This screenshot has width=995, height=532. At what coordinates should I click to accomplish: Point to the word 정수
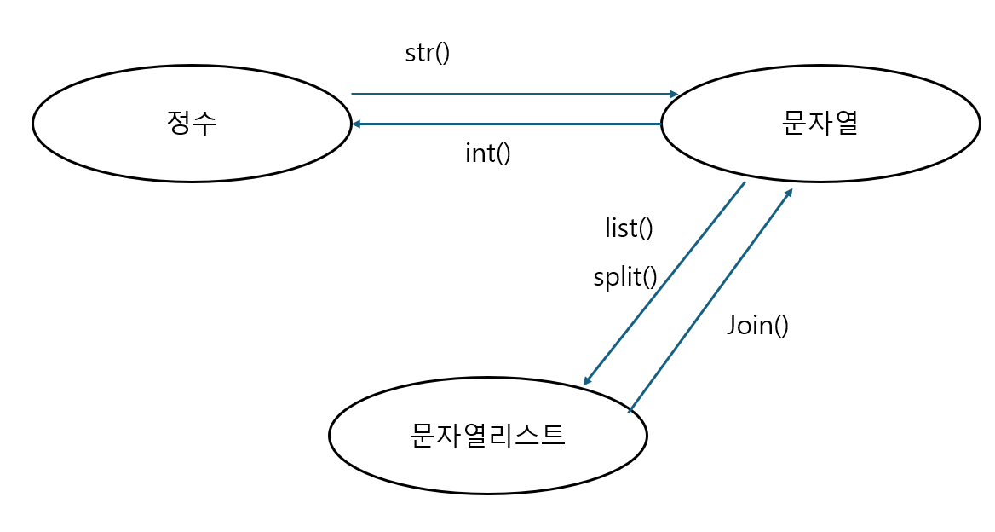[193, 124]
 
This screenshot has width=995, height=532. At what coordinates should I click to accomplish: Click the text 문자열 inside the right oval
[820, 124]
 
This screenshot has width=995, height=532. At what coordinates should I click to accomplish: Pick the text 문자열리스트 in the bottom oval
[487, 435]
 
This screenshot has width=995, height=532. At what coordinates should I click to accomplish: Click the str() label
[427, 53]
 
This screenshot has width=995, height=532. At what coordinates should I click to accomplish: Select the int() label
[488, 153]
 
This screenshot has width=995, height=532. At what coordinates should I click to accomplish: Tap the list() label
[629, 228]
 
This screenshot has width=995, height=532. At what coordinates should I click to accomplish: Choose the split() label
[625, 277]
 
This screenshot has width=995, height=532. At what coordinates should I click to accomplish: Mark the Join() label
[757, 325]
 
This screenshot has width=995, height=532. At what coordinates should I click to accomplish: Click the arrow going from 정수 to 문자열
[511, 94]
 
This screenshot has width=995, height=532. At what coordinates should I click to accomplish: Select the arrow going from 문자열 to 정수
[511, 124]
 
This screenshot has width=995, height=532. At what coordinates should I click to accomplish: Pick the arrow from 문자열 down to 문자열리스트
[664, 283]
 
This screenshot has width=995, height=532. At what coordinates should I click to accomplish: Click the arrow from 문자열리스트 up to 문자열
[711, 298]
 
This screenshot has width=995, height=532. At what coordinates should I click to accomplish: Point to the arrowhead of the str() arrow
[674, 94]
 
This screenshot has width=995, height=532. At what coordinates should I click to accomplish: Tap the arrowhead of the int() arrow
[357, 124]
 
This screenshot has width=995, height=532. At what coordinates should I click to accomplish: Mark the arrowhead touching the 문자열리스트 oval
[588, 380]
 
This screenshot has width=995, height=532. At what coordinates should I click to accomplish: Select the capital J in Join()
[733, 325]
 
